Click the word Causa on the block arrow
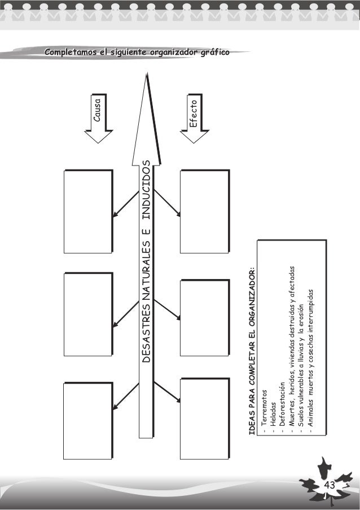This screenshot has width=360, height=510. (x=97, y=112)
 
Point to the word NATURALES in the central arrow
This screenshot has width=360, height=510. (x=146, y=266)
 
